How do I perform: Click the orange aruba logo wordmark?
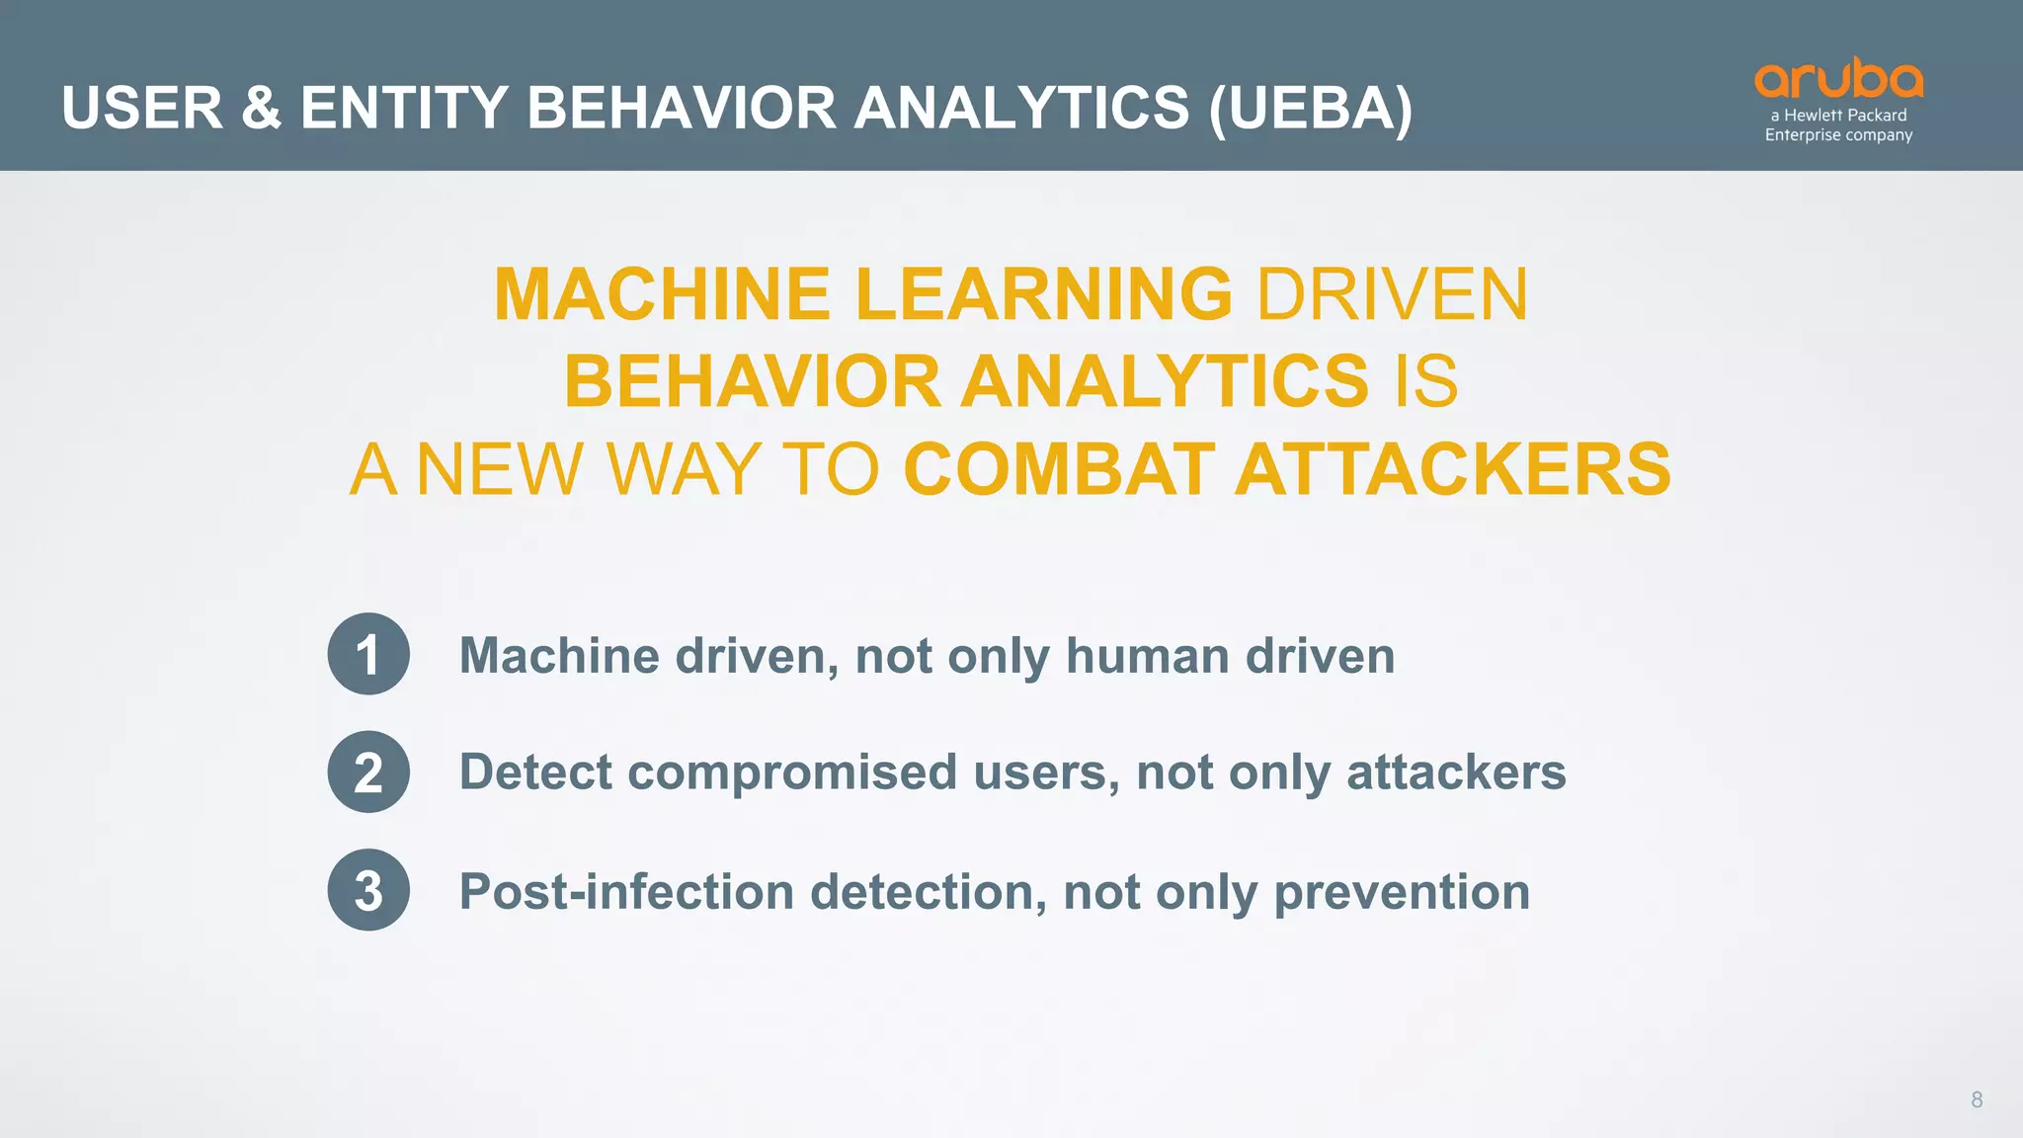pos(1838,79)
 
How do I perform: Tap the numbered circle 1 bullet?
pos(368,654)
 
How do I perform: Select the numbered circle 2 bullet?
pos(368,772)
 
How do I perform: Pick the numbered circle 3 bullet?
pos(368,890)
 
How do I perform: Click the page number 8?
pos(1977,1099)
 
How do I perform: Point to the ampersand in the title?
pos(261,108)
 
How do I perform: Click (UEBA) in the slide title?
pos(1310,108)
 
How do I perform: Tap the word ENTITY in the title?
pos(404,108)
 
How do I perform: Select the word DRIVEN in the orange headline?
pos(1392,294)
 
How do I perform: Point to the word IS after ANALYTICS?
pos(1425,381)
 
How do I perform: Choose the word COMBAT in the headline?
pos(1059,469)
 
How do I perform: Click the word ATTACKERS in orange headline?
pos(1453,469)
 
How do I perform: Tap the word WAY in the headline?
pos(684,469)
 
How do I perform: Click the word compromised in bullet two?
pos(792,772)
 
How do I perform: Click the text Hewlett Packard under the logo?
pos(1845,116)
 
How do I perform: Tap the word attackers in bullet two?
pos(1456,772)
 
